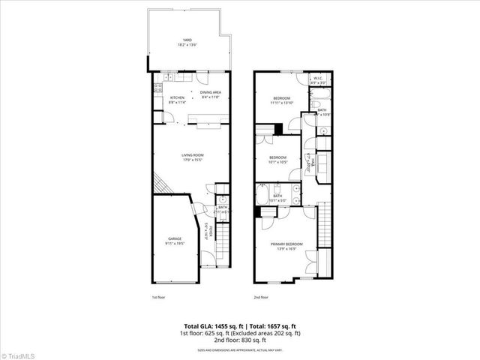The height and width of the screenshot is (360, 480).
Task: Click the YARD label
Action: tap(182, 41)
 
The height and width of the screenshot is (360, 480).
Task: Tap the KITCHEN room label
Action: tap(177, 97)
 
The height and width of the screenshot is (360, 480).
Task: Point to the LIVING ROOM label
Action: tap(193, 155)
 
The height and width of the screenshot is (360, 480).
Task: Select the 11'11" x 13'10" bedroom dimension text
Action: tap(283, 103)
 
